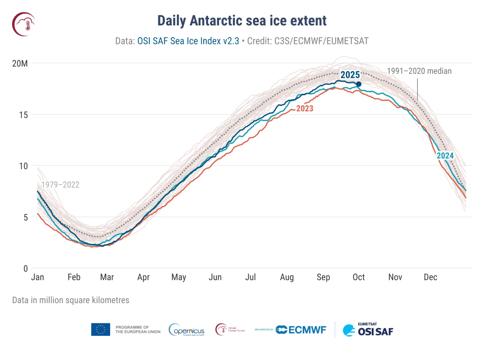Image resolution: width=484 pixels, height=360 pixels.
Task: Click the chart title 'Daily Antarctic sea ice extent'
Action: point(242,20)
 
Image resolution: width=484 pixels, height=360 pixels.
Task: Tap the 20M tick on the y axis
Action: point(19,63)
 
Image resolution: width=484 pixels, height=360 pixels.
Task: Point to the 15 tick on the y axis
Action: point(23,114)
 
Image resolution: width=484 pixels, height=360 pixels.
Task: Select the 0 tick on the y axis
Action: point(25,268)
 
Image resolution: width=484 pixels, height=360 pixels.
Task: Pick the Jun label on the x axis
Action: point(215,277)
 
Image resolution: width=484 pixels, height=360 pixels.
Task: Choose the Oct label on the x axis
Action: point(359,277)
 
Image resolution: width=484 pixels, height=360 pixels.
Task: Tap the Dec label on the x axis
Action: point(430,277)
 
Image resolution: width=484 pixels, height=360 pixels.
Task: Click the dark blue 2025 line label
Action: point(350,75)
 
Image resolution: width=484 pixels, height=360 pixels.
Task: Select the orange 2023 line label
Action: point(305,108)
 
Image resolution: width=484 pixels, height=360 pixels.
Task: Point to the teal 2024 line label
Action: point(445,156)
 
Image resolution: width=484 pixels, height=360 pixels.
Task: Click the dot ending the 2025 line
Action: point(359,84)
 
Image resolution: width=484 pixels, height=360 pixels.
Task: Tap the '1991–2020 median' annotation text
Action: point(419,71)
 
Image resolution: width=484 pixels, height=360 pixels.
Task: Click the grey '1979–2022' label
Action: point(60,185)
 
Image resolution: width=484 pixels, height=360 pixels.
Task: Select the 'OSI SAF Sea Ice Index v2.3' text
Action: point(188,41)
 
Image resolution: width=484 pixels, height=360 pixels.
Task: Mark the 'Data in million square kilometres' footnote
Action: point(71,300)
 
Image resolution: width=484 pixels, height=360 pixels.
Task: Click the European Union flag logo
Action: point(100,329)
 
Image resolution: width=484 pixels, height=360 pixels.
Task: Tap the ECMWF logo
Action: point(301,330)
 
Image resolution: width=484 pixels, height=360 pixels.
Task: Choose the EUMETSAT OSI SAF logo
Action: point(367,330)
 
